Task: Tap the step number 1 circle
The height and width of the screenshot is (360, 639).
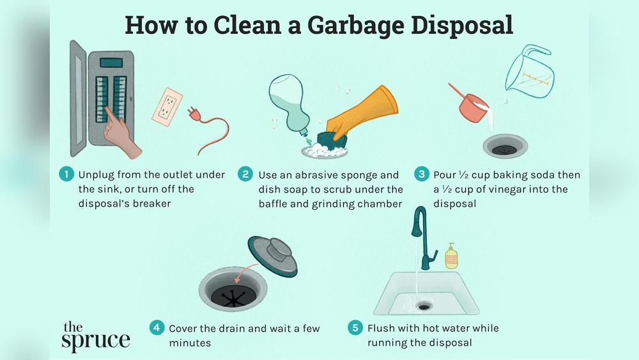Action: click(x=66, y=175)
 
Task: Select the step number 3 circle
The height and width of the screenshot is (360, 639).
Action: click(x=421, y=175)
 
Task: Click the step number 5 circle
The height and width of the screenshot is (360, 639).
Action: click(x=355, y=328)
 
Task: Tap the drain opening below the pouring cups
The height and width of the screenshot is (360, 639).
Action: click(x=505, y=146)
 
